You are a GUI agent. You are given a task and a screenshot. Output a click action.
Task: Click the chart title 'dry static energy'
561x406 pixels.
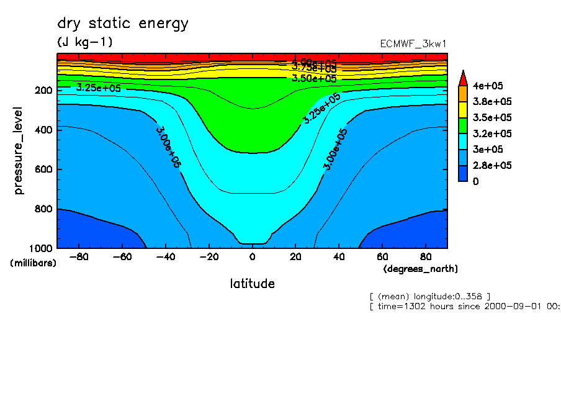(122, 24)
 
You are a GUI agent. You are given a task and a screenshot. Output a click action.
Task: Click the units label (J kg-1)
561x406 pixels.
(84, 42)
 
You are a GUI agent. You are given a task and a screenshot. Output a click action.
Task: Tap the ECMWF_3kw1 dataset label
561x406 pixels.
(413, 44)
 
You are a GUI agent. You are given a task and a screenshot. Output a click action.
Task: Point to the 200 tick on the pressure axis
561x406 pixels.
(44, 90)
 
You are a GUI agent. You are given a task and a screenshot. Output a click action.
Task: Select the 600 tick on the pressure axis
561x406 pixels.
(44, 169)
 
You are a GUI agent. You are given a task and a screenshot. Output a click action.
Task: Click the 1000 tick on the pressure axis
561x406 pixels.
(42, 248)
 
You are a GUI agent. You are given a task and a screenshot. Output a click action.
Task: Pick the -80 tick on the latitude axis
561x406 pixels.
(79, 256)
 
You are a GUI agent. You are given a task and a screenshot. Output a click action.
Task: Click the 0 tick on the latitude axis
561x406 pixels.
(252, 256)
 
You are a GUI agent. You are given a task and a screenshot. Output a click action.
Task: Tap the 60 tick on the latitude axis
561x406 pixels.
(382, 256)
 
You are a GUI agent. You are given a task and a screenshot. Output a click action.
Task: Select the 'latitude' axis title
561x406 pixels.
(252, 284)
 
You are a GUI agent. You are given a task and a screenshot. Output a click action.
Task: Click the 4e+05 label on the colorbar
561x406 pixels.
(489, 86)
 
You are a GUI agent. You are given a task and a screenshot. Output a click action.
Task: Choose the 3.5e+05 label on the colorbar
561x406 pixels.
(493, 118)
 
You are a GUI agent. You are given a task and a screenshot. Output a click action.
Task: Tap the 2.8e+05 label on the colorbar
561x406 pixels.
(493, 165)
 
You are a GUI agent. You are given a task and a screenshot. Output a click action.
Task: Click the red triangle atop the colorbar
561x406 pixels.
(462, 78)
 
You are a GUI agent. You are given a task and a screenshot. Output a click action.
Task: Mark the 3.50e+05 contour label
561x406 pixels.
(314, 78)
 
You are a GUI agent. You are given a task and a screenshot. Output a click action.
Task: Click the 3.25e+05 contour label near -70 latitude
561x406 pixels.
(99, 88)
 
